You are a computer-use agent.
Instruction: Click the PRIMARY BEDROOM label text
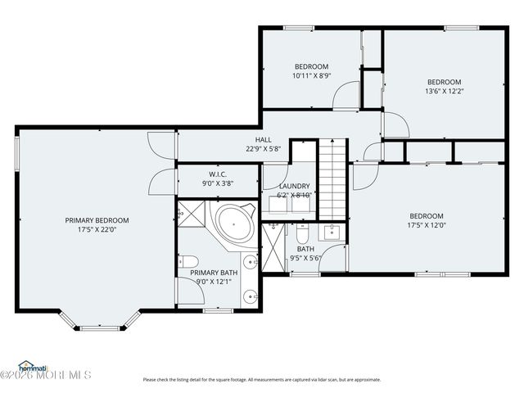coord(97,220)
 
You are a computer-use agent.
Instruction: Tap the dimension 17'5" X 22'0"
coord(97,230)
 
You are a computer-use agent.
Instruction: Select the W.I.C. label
coord(218,174)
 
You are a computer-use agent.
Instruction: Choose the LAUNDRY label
coord(294,186)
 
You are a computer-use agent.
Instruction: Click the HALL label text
coord(263,140)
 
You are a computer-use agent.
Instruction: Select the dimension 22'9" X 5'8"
coord(263,149)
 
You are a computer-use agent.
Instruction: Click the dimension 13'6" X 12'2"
coord(444,91)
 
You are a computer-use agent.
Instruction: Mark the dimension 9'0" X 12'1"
coord(215,282)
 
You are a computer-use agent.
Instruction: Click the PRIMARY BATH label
coord(215,273)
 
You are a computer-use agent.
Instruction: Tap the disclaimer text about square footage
coord(262,380)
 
